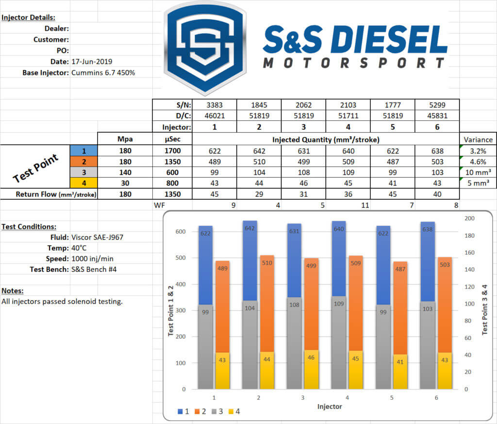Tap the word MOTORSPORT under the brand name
(x=354, y=63)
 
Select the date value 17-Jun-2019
(x=92, y=62)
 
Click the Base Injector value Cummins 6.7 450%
(x=103, y=72)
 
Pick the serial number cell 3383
(x=214, y=105)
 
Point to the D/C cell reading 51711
(x=348, y=116)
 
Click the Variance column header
(x=478, y=138)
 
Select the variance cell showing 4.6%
(x=478, y=161)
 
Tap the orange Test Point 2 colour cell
(x=83, y=161)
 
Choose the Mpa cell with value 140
(x=126, y=172)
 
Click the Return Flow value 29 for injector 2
(x=259, y=194)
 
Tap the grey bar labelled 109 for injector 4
(x=339, y=342)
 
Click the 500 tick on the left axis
(x=180, y=258)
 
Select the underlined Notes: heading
(x=12, y=290)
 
